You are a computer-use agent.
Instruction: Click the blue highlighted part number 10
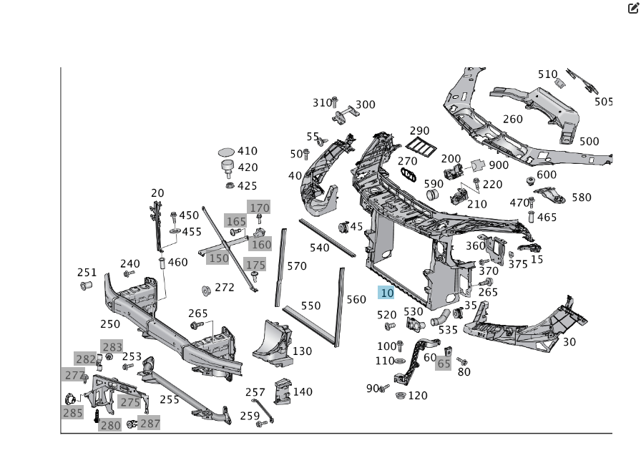pos(387,293)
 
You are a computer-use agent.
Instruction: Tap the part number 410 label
pos(247,151)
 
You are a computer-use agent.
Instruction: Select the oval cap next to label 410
pos(226,152)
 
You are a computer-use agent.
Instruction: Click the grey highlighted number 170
pos(259,208)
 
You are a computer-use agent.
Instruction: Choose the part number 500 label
pos(589,141)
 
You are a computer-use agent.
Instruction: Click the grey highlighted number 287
pos(150,423)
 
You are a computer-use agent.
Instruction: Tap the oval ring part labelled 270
pos(408,176)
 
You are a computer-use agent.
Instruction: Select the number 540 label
pos(319,248)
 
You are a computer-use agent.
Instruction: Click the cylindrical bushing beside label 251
pos(87,286)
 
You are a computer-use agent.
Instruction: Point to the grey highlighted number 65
pos(444,364)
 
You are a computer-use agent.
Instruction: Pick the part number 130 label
pos(302,351)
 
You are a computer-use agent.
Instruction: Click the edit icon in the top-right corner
pos(632,9)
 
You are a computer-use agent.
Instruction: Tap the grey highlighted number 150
pos(218,258)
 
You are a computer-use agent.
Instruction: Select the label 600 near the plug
pos(546,175)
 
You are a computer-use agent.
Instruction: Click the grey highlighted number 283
pos(112,347)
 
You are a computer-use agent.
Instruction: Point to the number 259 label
pos(250,416)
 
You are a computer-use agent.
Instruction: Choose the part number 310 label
pos(323,103)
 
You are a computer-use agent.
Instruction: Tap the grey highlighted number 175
pos(255,265)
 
